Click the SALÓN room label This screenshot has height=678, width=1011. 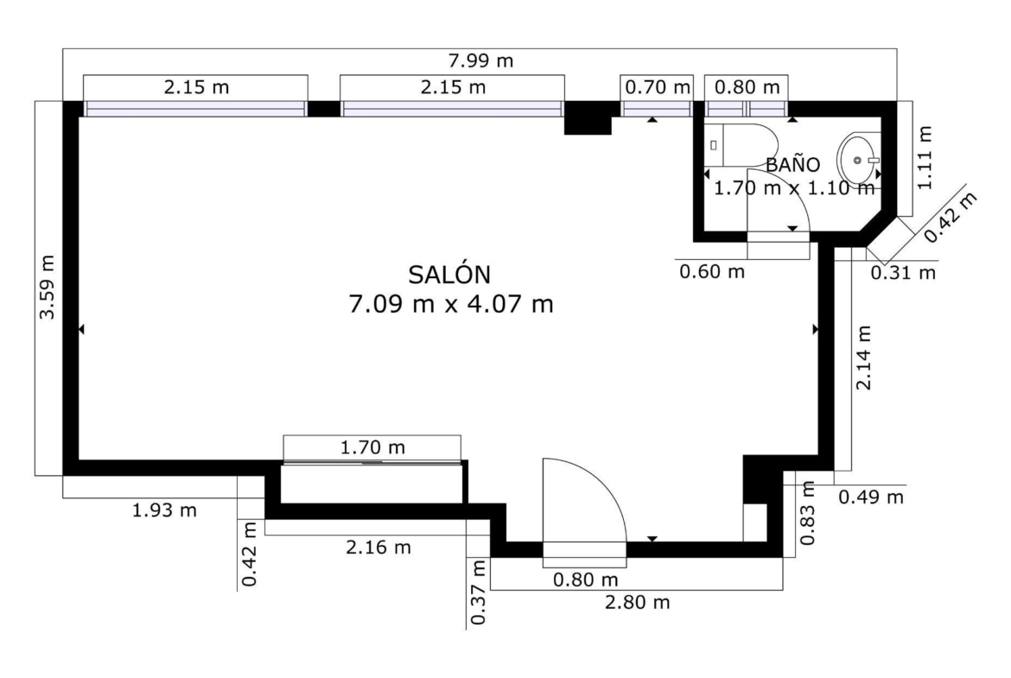(x=449, y=275)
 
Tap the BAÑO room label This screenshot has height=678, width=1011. (x=792, y=164)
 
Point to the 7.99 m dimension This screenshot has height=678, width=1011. (x=480, y=60)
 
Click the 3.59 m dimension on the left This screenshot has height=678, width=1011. (x=47, y=288)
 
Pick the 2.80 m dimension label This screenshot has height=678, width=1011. (x=637, y=603)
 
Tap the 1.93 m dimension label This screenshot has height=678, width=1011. (x=164, y=510)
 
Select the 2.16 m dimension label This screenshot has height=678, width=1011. (x=378, y=548)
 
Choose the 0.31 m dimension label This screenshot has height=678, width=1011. (x=903, y=273)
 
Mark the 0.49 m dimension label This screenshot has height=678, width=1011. (x=871, y=497)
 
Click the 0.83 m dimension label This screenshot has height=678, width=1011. (x=807, y=513)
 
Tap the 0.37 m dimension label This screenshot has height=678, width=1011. (x=478, y=592)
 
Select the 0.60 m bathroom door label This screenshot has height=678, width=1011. (x=712, y=271)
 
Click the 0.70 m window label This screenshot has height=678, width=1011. (x=658, y=87)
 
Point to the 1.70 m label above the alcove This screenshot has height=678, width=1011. (x=372, y=447)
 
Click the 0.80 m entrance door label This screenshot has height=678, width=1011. (x=586, y=580)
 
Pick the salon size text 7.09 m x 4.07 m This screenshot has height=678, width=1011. (x=451, y=303)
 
